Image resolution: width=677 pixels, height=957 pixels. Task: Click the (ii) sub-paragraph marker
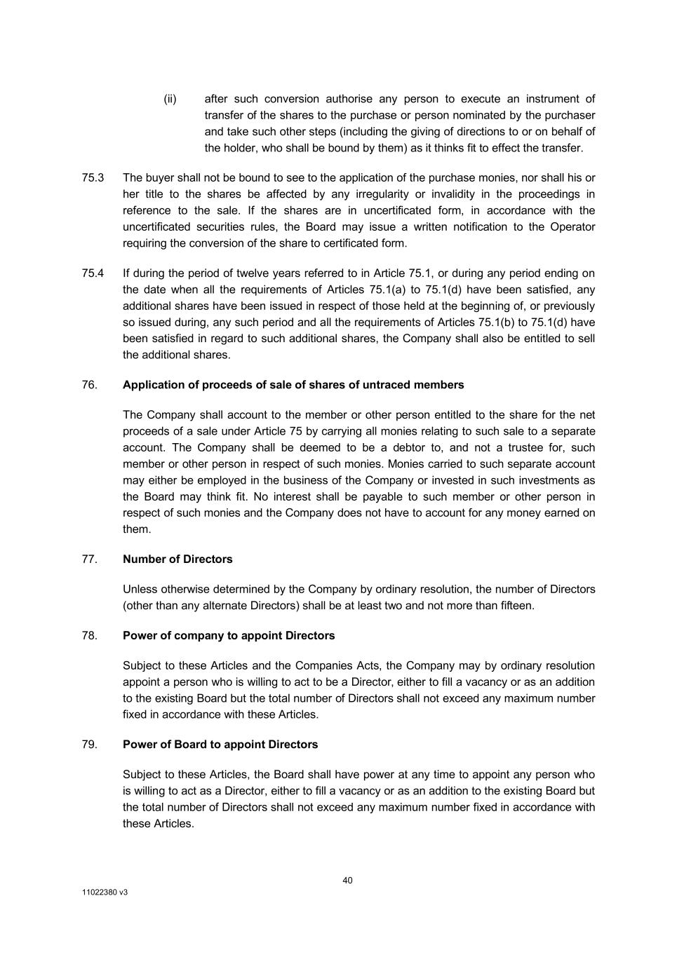[x=170, y=99]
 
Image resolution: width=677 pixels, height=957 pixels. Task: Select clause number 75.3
[x=93, y=178]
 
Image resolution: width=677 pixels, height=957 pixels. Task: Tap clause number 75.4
[x=93, y=273]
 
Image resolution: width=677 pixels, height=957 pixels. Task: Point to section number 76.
[x=90, y=385]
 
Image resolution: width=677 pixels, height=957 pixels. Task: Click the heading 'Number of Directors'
[x=177, y=559]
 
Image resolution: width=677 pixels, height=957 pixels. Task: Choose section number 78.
[x=90, y=636]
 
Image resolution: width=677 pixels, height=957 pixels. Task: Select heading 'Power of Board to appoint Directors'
[x=220, y=745]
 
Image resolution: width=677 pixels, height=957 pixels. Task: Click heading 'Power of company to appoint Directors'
[x=229, y=636]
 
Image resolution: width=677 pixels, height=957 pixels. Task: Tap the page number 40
[x=348, y=881]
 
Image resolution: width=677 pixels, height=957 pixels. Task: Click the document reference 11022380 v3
[x=105, y=893]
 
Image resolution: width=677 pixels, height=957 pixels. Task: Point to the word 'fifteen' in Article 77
[x=514, y=606]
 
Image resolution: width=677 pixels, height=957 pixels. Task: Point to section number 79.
[x=90, y=745]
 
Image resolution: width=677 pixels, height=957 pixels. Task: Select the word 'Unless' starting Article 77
[x=139, y=590]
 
